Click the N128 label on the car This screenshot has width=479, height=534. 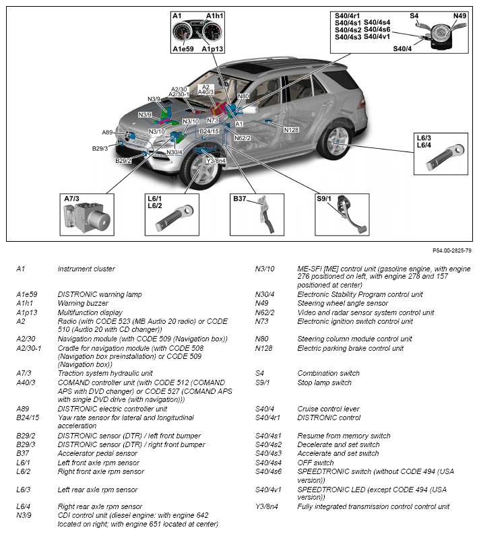(291, 129)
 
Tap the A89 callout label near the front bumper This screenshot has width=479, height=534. (108, 133)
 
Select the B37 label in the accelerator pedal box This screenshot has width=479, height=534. (241, 199)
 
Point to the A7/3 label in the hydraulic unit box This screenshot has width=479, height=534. (71, 199)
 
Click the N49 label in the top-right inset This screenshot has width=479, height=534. (459, 15)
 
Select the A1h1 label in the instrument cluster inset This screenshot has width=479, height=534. (216, 15)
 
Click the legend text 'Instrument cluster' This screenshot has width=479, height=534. (86, 269)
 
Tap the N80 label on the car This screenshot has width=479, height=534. (243, 96)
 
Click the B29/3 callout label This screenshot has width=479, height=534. (100, 148)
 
